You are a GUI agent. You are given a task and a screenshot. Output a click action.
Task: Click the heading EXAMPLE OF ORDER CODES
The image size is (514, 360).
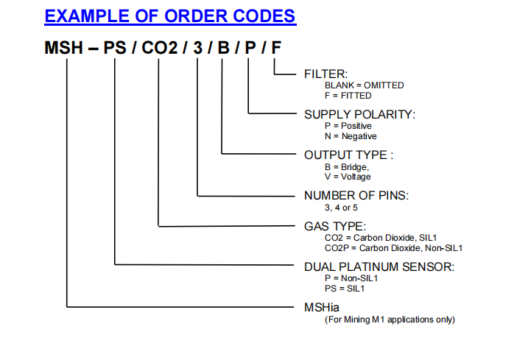click(170, 15)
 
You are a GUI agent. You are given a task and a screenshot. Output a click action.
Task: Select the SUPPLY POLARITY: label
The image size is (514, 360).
click(359, 114)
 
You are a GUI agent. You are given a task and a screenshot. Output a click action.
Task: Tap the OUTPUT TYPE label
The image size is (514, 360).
click(348, 155)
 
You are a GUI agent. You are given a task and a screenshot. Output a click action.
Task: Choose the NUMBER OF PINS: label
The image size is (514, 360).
click(356, 195)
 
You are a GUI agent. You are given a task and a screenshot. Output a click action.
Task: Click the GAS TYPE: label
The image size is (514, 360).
click(335, 226)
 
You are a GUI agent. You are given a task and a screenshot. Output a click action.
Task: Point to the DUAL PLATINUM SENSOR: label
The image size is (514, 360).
click(379, 266)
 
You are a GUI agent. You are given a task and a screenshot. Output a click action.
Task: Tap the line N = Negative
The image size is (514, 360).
click(351, 136)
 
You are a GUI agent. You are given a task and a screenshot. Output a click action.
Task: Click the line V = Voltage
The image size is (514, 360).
click(348, 177)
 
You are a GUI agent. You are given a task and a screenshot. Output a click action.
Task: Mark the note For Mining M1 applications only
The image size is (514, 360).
click(390, 319)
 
